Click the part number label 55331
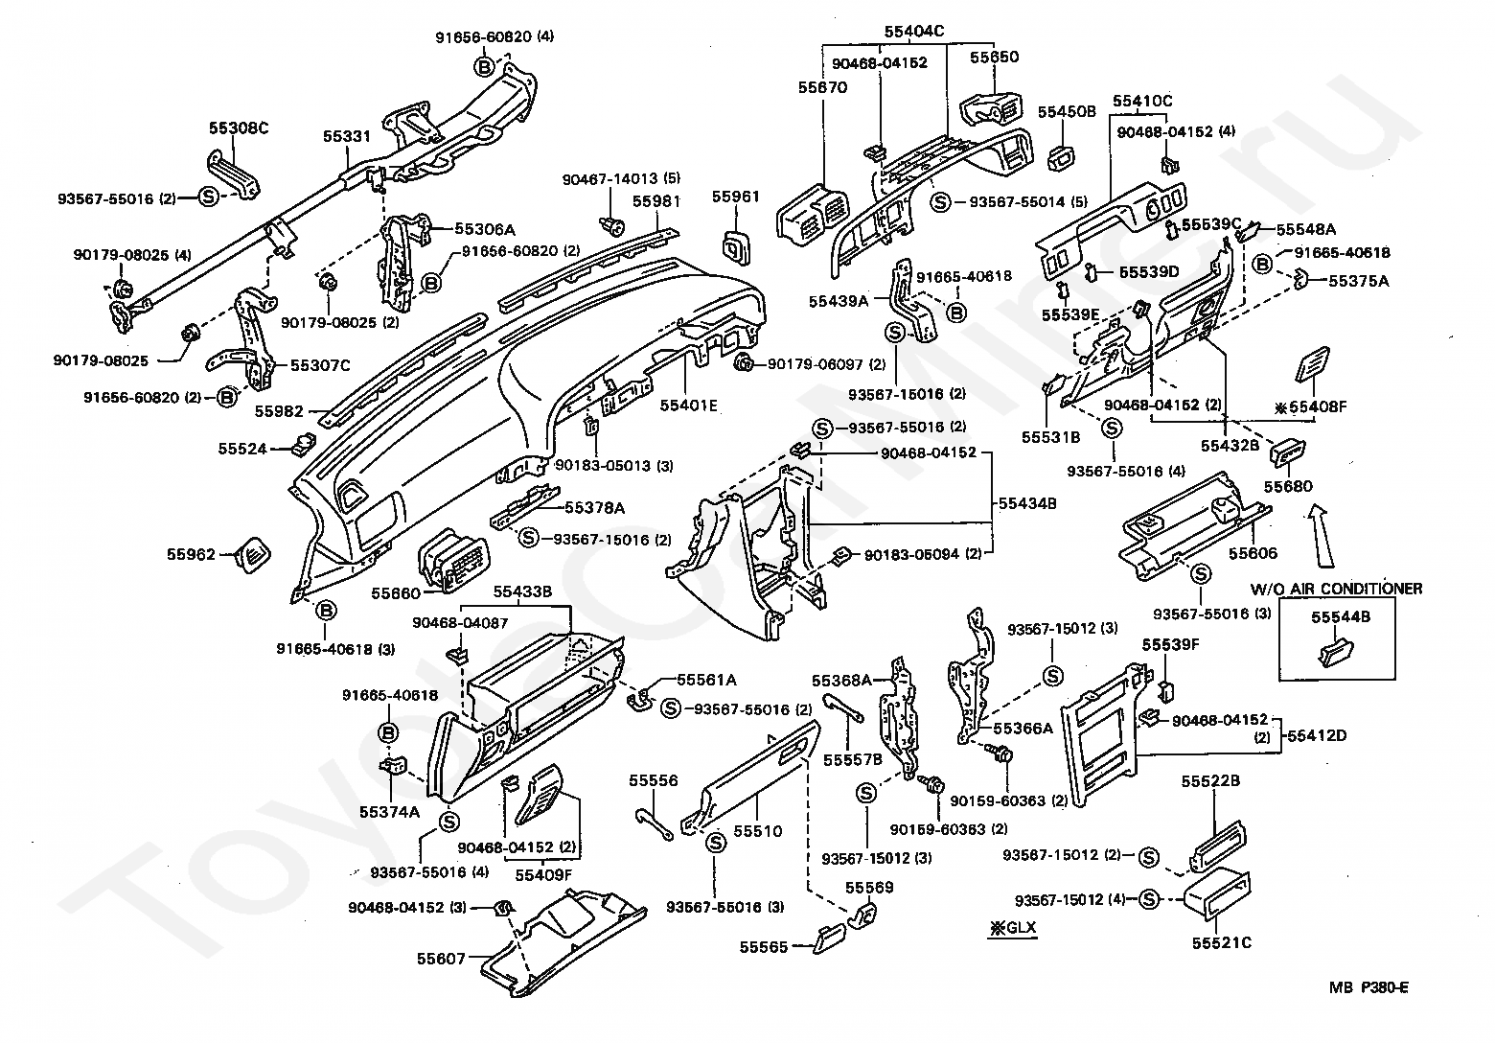(346, 137)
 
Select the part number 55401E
(688, 406)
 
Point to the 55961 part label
(735, 197)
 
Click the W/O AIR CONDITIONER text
(1335, 589)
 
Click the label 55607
(441, 958)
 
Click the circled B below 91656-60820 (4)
(486, 65)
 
